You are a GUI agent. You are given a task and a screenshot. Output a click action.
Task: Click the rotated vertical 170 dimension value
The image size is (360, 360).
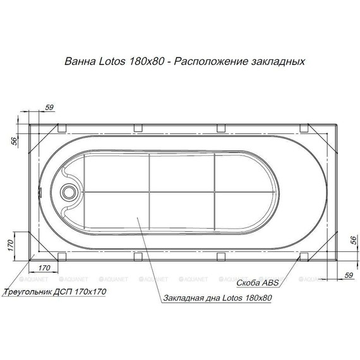tap(11, 244)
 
